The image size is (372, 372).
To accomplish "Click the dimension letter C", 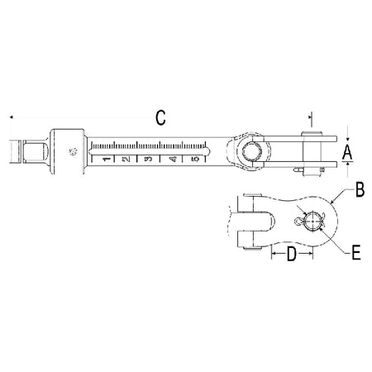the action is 160,117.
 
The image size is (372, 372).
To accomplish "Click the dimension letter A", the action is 347,152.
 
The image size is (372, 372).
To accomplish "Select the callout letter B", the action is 360,189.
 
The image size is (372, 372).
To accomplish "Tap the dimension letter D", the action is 292,254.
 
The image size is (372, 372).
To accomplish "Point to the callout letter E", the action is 356,252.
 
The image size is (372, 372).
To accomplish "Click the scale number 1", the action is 107,159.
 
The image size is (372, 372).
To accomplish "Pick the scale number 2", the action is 126,159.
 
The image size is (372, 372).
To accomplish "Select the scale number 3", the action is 148,159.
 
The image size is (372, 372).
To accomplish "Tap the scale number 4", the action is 172,159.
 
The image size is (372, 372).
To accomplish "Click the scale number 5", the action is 195,159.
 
